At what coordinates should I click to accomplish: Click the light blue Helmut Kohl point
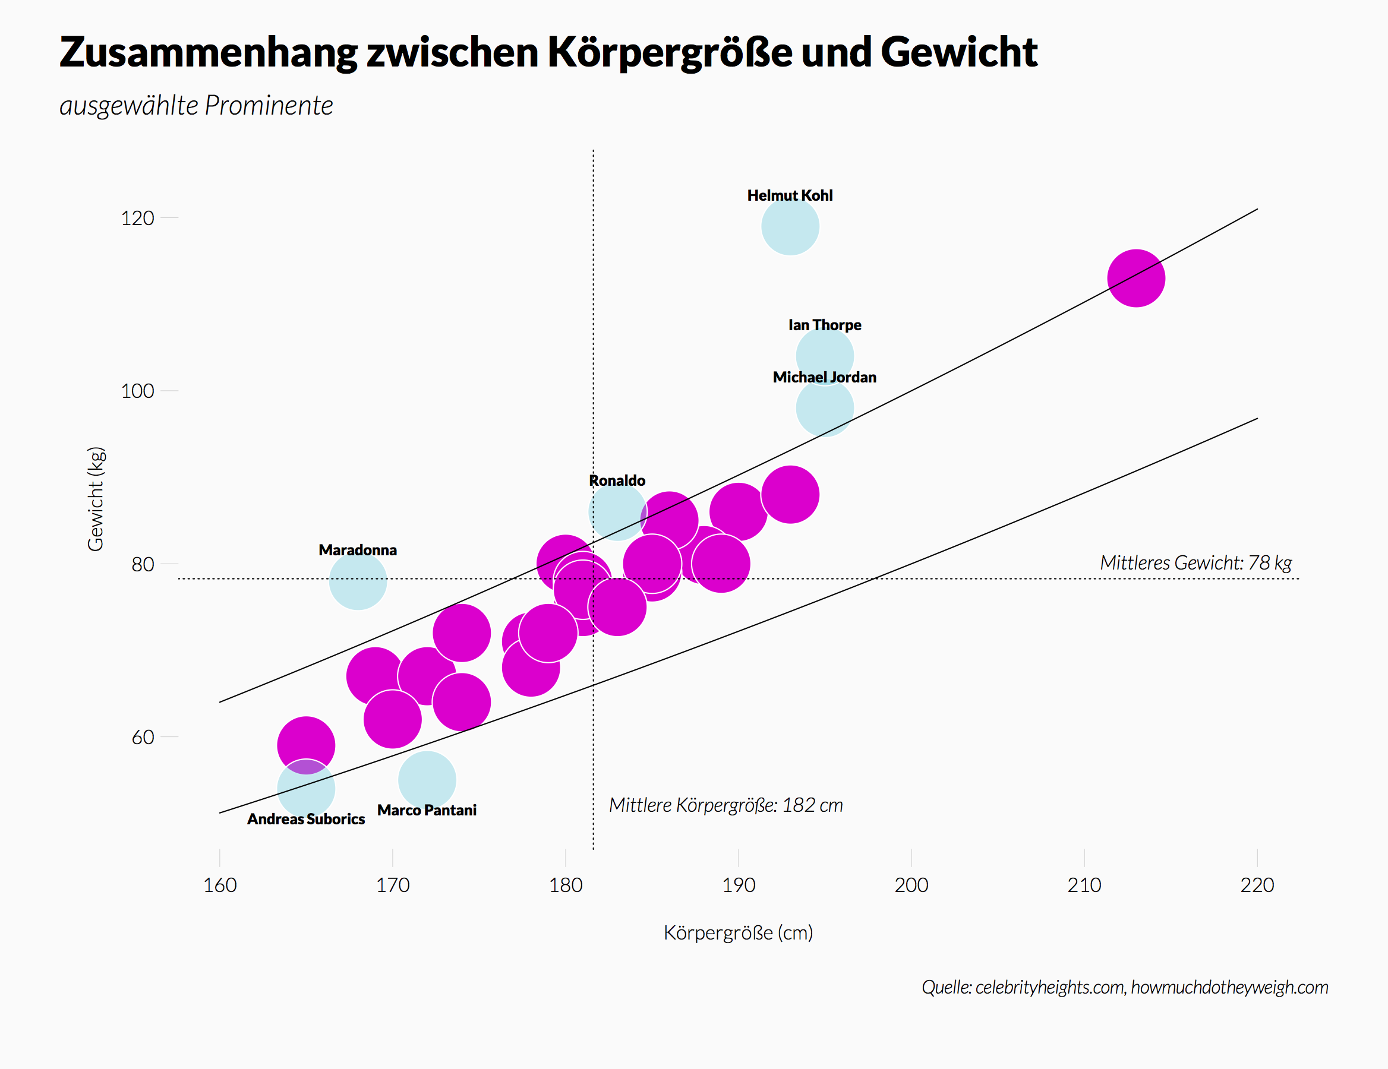pyautogui.click(x=790, y=227)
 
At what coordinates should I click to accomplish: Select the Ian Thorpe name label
pyautogui.click(x=824, y=325)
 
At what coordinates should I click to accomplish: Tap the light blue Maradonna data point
pyautogui.click(x=358, y=581)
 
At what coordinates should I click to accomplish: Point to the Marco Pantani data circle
pyautogui.click(x=427, y=780)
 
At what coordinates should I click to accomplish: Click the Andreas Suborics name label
pyautogui.click(x=305, y=820)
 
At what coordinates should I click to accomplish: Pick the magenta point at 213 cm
pyautogui.click(x=1135, y=278)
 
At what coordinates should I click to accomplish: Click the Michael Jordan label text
pyautogui.click(x=824, y=377)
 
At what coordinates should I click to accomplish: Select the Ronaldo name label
pyautogui.click(x=617, y=481)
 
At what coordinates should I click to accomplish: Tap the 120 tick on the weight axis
pyautogui.click(x=137, y=219)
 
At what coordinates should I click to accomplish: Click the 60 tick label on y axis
pyautogui.click(x=143, y=738)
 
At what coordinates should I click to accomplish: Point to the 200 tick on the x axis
pyautogui.click(x=911, y=885)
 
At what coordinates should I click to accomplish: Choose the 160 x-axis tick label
pyautogui.click(x=220, y=885)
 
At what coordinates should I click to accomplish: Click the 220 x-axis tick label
pyautogui.click(x=1257, y=885)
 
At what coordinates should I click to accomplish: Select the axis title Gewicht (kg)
pyautogui.click(x=95, y=499)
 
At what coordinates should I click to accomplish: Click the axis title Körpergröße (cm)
pyautogui.click(x=738, y=933)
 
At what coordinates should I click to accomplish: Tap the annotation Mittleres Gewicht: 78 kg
pyautogui.click(x=1195, y=563)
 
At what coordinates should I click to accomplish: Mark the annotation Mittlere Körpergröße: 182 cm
pyautogui.click(x=725, y=805)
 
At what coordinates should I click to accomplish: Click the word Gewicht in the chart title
pyautogui.click(x=958, y=52)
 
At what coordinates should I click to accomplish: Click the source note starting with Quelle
pyautogui.click(x=1124, y=987)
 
